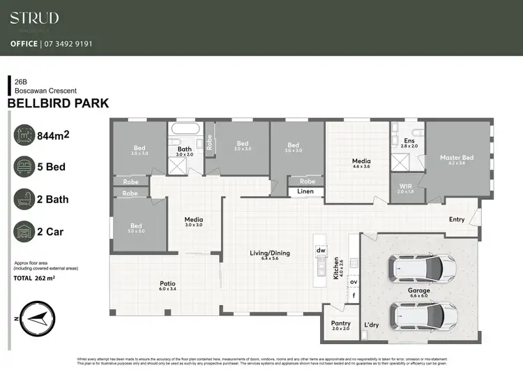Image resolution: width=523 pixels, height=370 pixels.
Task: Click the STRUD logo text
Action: click(34, 18)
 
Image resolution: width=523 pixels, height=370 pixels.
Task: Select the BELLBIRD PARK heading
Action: click(58, 103)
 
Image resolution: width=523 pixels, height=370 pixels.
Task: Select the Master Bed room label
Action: click(457, 158)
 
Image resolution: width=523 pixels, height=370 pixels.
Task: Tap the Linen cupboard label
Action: click(305, 191)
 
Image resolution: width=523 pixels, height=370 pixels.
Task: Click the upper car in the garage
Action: click(423, 267)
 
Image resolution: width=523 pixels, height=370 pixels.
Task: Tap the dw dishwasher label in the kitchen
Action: click(321, 250)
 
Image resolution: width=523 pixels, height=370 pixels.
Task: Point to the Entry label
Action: click(457, 219)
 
